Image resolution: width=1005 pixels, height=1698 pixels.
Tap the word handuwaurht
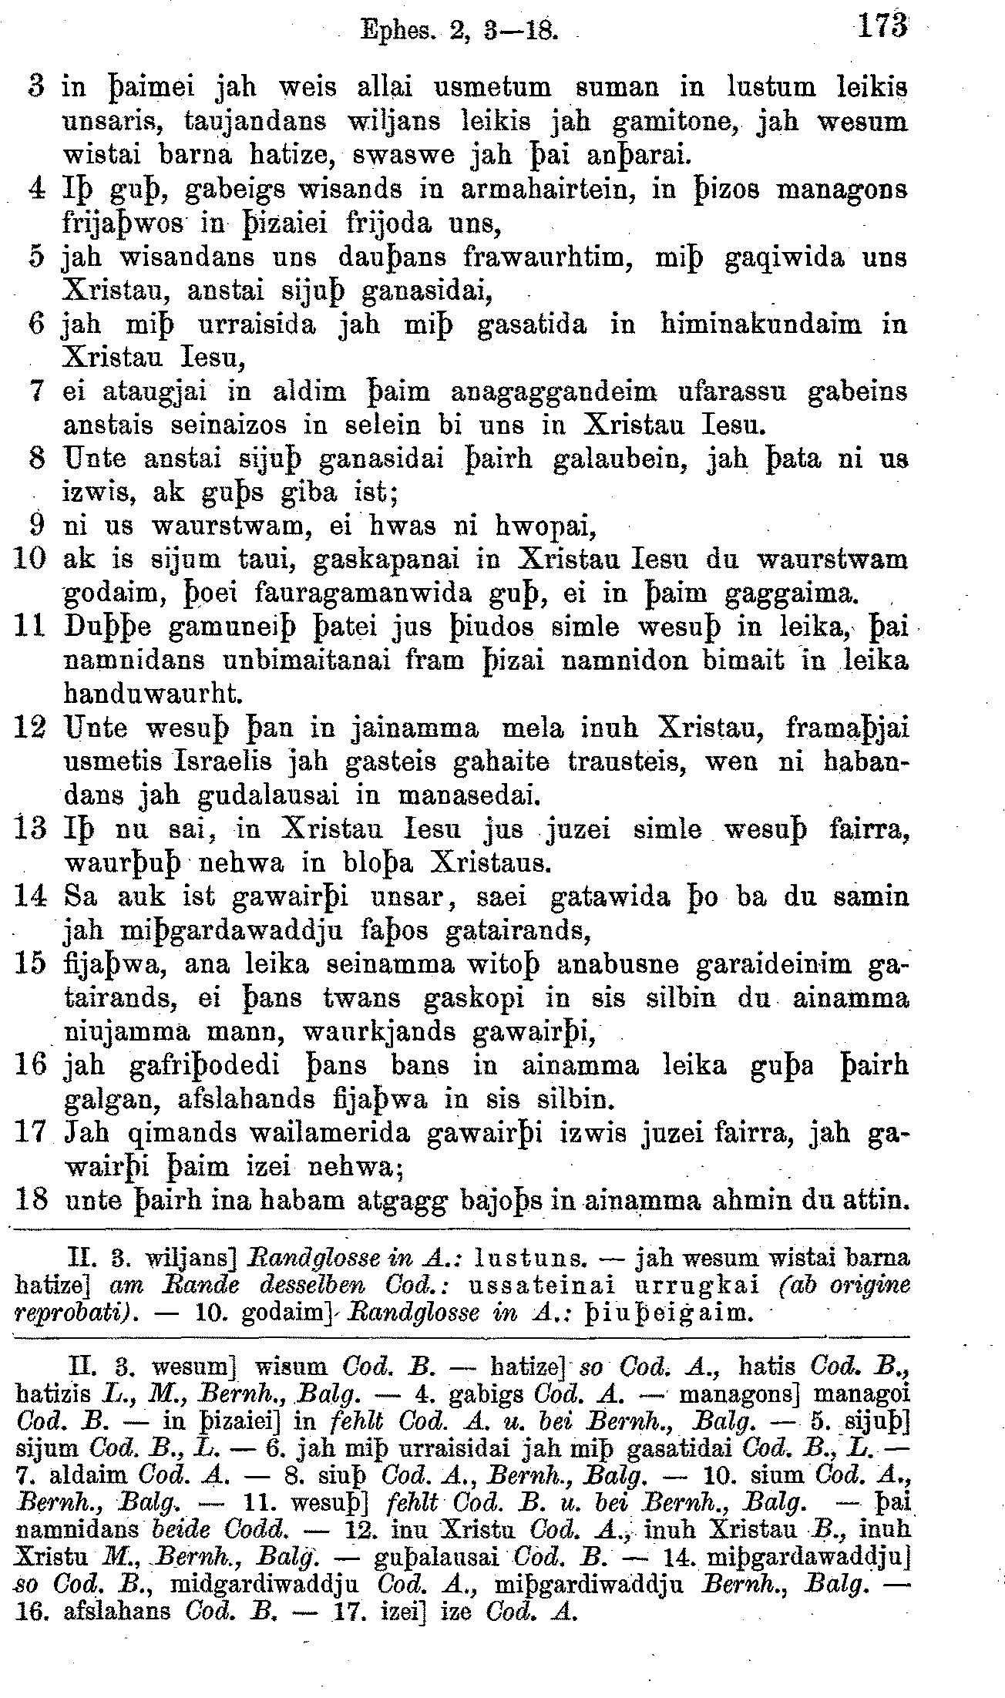click(153, 694)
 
